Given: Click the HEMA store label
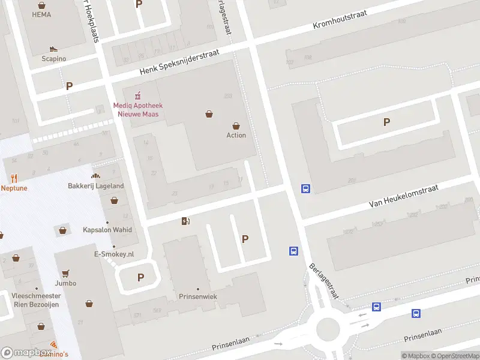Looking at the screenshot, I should (41, 14).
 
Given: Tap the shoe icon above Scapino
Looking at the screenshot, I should (53, 49).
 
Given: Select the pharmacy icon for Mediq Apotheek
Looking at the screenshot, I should (138, 95).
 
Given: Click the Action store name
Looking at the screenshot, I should (236, 135).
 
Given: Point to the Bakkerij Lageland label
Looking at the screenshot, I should (95, 186).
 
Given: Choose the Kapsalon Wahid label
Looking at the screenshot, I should (107, 230).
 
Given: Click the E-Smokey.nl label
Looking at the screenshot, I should (113, 254).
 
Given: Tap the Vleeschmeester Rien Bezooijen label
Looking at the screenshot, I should (37, 300).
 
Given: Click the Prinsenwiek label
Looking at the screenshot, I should (197, 296).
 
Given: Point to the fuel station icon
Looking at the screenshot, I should (185, 221).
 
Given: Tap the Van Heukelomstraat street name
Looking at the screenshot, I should (403, 196).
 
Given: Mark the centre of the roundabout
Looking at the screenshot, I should (328, 329).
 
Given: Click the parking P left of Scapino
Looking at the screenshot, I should (69, 86).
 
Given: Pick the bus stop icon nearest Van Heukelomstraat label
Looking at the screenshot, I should (305, 188).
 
